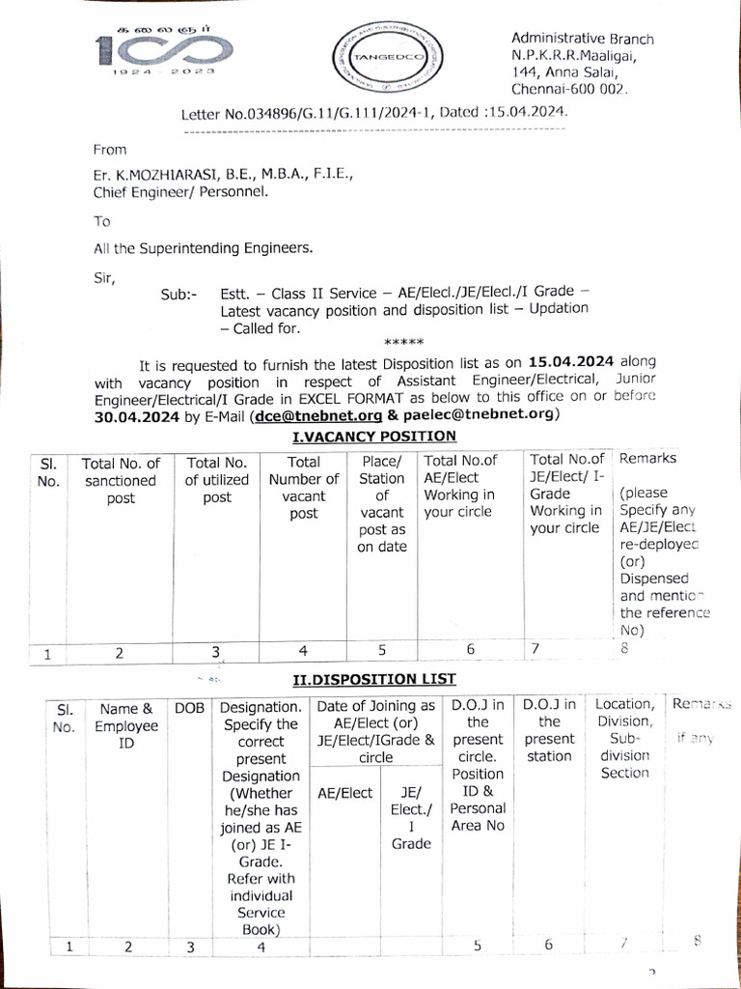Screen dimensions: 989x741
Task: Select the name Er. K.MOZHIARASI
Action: click(155, 175)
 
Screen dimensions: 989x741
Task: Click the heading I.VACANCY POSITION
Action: click(374, 436)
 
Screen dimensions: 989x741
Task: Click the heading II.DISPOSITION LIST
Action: click(374, 679)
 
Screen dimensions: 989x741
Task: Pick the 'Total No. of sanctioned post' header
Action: click(120, 480)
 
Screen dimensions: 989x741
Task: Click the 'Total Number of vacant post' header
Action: click(304, 488)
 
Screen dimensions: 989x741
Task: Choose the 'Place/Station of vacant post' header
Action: click(381, 503)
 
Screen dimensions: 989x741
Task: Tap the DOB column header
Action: click(189, 708)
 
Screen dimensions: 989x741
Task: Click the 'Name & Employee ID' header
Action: click(126, 724)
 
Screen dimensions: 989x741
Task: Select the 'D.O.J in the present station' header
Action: click(549, 730)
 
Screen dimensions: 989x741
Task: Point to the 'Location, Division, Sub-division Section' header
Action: click(624, 739)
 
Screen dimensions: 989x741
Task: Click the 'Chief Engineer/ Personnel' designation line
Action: click(180, 192)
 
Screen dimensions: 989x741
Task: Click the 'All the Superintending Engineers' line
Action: click(203, 249)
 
